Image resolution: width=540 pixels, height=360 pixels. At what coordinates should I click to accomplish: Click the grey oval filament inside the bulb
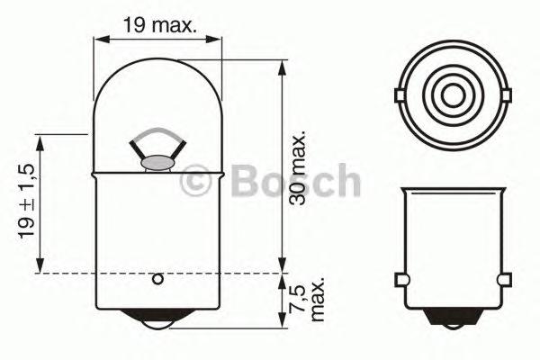pos(158,164)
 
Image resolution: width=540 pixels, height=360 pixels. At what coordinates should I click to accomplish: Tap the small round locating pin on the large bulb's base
pos(157,279)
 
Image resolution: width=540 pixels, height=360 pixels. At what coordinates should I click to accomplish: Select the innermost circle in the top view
pos(453,94)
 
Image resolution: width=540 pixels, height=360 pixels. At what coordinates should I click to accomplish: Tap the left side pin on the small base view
pos(399,279)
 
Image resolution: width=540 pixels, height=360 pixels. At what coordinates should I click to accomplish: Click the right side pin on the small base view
pos(506,279)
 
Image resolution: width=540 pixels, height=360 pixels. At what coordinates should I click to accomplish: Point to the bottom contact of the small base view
pos(453,317)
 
